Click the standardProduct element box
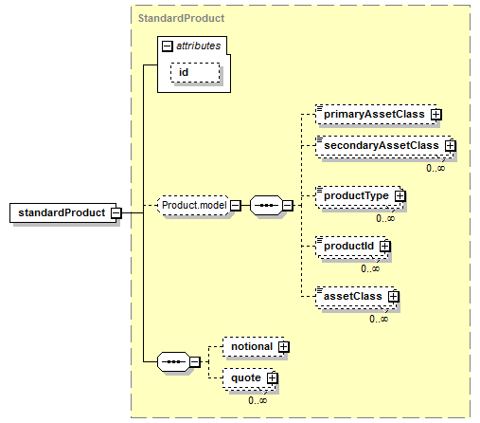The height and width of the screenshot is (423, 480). pyautogui.click(x=63, y=212)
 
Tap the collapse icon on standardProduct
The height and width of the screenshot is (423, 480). pyautogui.click(x=116, y=212)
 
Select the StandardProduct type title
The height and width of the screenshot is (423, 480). pyautogui.click(x=181, y=18)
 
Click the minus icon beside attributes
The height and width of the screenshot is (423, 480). pyautogui.click(x=168, y=46)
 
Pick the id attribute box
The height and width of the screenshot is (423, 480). pyautogui.click(x=195, y=72)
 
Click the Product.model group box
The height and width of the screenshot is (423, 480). pyautogui.click(x=193, y=206)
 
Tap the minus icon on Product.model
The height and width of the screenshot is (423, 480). pyautogui.click(x=236, y=206)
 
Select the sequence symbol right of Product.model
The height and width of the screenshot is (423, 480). pyautogui.click(x=266, y=206)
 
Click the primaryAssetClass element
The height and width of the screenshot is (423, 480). pyautogui.click(x=376, y=115)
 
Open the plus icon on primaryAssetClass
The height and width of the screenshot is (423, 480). pyautogui.click(x=436, y=115)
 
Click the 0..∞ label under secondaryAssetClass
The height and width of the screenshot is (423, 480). pyautogui.click(x=436, y=168)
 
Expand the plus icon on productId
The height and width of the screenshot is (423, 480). pyautogui.click(x=384, y=246)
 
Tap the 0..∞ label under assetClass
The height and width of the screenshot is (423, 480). pyautogui.click(x=379, y=319)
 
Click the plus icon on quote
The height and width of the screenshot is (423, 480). pyautogui.click(x=272, y=378)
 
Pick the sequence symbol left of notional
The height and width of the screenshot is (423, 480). pyautogui.click(x=173, y=361)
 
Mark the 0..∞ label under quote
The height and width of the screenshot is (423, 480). pyautogui.click(x=258, y=400)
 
